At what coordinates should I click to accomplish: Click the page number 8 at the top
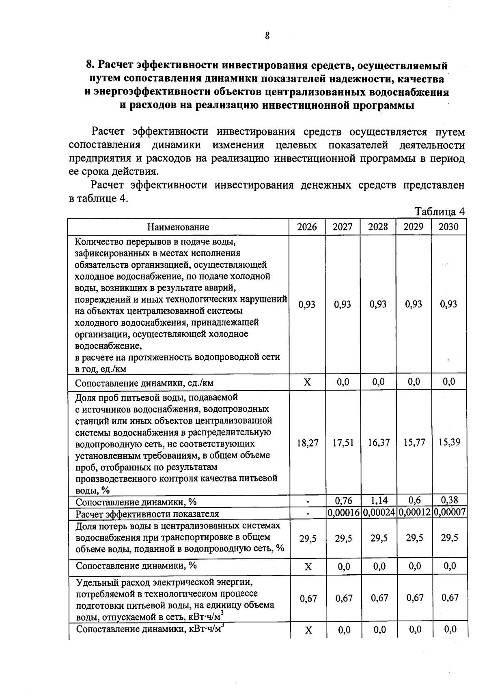pos(267,36)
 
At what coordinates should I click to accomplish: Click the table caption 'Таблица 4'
pos(439,212)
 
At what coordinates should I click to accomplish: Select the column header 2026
pos(307,227)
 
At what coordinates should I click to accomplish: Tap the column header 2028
pos(378,227)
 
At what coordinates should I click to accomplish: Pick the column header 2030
pos(448,227)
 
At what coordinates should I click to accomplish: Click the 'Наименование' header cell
pos(178,227)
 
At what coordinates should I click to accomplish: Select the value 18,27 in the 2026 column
pos(308,442)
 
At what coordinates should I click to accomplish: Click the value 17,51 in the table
pos(343,442)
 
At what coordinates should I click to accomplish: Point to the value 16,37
pos(379,442)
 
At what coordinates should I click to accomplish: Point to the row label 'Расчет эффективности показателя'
pos(147,514)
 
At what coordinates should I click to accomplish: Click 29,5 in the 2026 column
pos(308,538)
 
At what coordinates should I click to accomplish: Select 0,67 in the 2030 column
pos(450,597)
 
